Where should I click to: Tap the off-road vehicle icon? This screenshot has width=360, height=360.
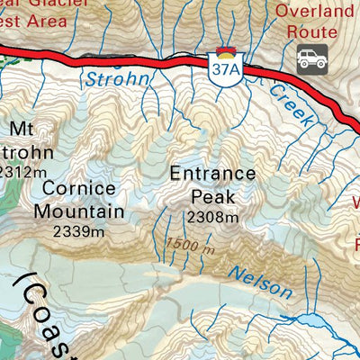tap(311, 60)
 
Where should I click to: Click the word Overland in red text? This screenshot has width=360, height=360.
tap(315, 11)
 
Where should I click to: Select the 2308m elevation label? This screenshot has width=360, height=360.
tap(213, 217)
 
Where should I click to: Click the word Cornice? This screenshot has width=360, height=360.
tap(78, 189)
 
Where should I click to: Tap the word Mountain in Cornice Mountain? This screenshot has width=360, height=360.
tap(79, 211)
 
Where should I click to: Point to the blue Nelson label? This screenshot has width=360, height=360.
tap(260, 283)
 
